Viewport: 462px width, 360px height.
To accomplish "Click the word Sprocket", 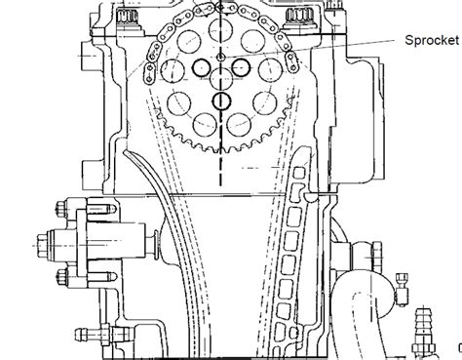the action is point(432,40).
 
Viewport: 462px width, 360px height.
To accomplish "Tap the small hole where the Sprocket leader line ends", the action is point(221,58).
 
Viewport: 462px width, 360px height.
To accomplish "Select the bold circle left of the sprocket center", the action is point(202,67).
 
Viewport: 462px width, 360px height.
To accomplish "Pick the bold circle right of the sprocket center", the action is point(241,67).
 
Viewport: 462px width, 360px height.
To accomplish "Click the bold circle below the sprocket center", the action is point(221,101).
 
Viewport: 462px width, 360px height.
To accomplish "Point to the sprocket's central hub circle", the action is point(221,78).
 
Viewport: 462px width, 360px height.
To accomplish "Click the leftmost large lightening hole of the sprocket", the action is point(173,70).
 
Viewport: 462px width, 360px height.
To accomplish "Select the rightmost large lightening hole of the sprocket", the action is point(271,69).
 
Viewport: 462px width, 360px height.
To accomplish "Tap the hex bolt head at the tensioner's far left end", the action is point(42,246).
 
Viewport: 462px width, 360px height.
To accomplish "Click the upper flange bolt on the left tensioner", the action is point(62,209).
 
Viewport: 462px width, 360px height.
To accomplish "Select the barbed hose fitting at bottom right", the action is point(424,332).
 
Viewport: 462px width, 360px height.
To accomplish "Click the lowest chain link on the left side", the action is point(149,74).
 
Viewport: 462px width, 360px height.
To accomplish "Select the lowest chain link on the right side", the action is point(291,62).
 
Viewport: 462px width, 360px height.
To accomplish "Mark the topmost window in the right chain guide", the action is point(299,173).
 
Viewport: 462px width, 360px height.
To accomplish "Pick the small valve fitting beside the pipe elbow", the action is point(402,290).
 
